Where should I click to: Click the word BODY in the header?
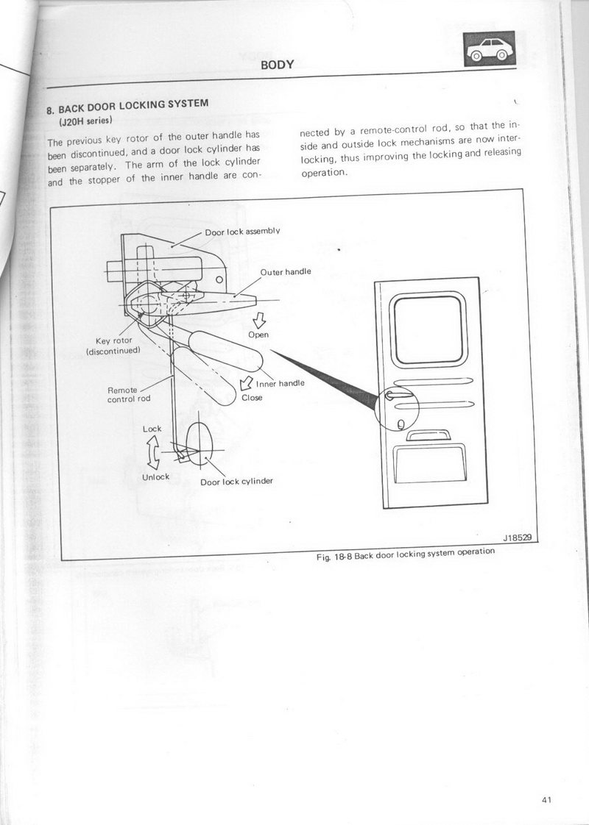coord(278,65)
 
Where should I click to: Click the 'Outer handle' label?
coord(286,271)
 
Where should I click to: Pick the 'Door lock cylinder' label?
coord(236,481)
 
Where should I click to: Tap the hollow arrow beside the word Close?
coord(246,383)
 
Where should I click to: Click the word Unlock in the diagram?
coord(155,476)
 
